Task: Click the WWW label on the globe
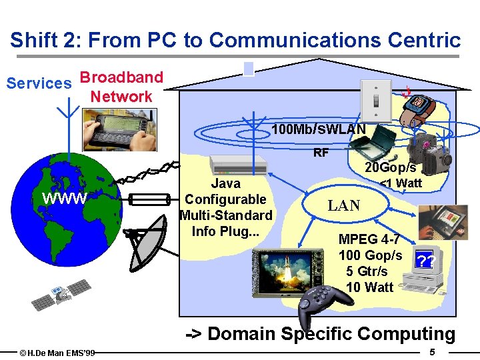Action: [64, 199]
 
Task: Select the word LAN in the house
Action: [344, 205]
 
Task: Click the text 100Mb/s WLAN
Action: [319, 129]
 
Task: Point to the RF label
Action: [321, 153]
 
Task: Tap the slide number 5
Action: [433, 351]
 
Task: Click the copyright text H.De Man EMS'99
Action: [57, 352]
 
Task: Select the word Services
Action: [39, 84]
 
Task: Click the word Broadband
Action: [122, 77]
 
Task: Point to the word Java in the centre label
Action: [225, 183]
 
